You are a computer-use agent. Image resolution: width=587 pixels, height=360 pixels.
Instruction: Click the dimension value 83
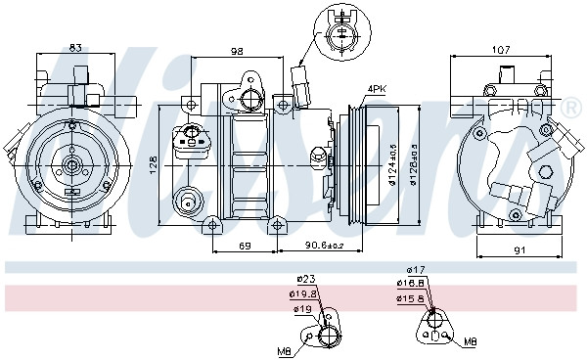tap(74, 47)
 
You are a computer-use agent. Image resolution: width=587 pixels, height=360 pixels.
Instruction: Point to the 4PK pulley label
tap(377, 89)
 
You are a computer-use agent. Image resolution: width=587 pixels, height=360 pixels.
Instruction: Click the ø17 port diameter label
tap(416, 270)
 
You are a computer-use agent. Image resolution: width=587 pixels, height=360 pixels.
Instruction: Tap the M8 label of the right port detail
tap(470, 341)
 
